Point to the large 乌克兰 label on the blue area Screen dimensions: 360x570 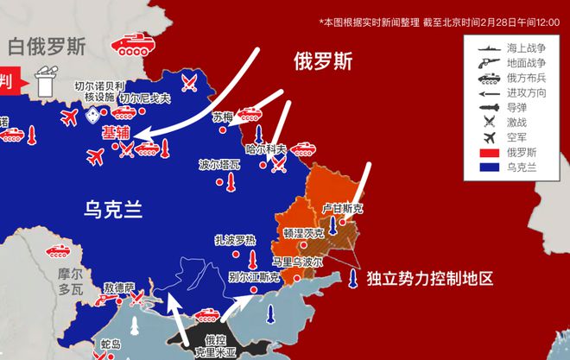pyautogui.click(x=112, y=207)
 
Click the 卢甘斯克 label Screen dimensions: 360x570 pyautogui.click(x=343, y=209)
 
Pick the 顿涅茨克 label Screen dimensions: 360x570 pyautogui.click(x=303, y=233)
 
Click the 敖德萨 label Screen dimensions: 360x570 pyautogui.click(x=119, y=287)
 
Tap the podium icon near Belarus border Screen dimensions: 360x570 pyautogui.click(x=44, y=83)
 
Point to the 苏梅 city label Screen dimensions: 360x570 pyautogui.click(x=223, y=117)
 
